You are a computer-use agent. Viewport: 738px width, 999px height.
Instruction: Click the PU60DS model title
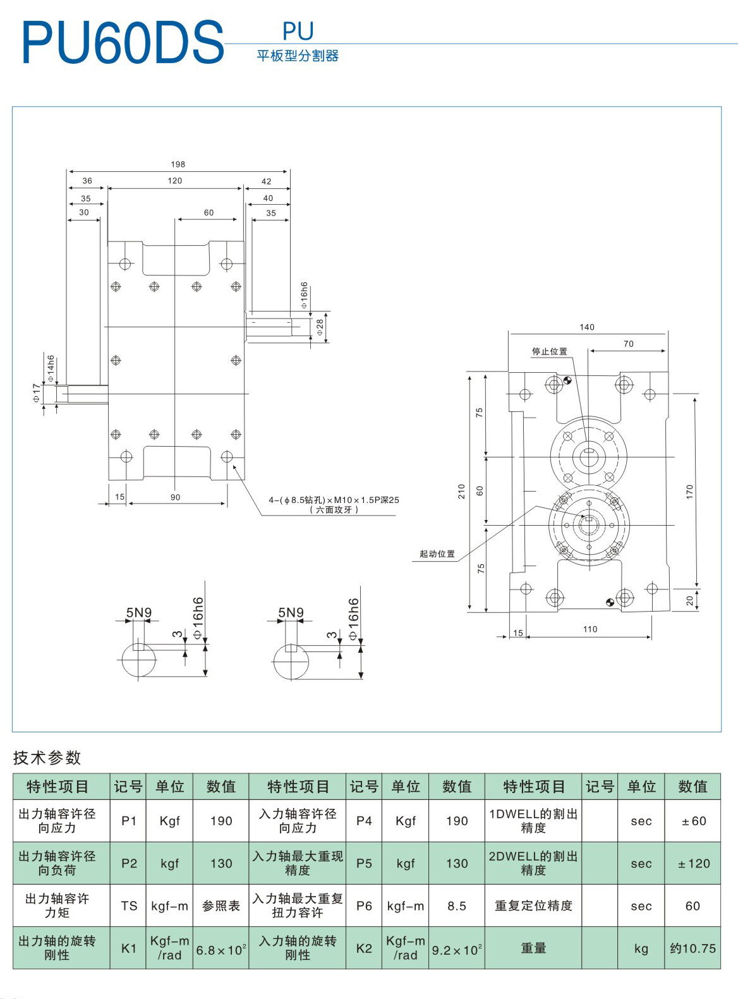[x=123, y=43]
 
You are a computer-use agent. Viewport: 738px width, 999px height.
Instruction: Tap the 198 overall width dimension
[x=178, y=164]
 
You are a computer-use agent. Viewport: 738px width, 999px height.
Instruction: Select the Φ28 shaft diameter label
[x=320, y=327]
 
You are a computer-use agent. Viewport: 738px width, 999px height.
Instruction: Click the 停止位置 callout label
[x=549, y=351]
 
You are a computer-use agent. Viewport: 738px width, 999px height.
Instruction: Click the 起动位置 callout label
[x=437, y=554]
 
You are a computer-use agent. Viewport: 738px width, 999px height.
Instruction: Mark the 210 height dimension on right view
[x=461, y=492]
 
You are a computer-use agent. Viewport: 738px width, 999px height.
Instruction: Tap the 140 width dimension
[x=586, y=327]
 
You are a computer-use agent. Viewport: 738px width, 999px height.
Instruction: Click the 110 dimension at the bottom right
[x=590, y=629]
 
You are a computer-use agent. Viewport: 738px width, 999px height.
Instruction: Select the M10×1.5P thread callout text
[x=334, y=500]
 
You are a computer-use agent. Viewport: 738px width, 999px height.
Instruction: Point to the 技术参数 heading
[x=47, y=758]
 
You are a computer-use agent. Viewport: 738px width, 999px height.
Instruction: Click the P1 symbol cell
[x=129, y=821]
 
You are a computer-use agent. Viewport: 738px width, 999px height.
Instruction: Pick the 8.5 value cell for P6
[x=456, y=906]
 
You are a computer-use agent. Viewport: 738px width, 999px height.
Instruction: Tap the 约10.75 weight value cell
[x=693, y=948]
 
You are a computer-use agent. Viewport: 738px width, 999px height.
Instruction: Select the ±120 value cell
[x=693, y=864]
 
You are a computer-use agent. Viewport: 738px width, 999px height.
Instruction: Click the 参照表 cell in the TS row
[x=221, y=906]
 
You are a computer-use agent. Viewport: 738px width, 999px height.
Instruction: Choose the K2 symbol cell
[x=364, y=948]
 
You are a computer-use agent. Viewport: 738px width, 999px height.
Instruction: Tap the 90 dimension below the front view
[x=175, y=497]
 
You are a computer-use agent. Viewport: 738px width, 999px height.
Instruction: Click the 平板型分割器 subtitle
[x=298, y=56]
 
